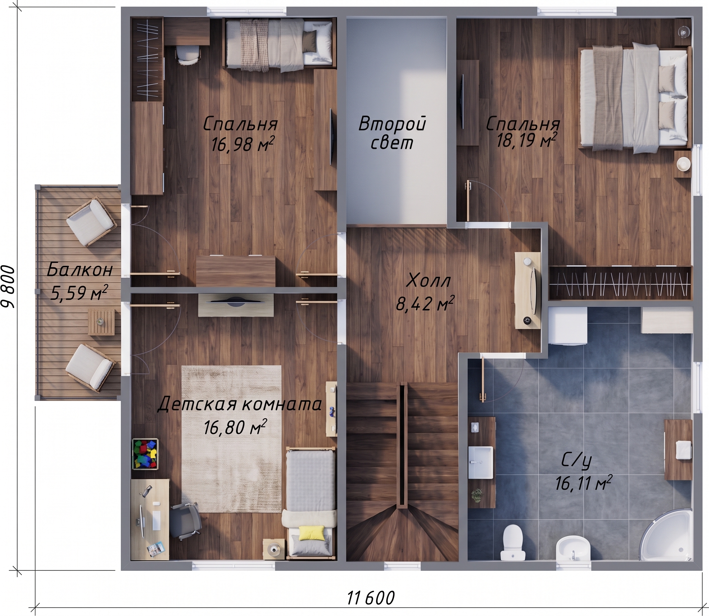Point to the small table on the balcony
[101, 322]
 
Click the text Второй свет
[392, 133]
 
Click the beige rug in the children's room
[231, 439]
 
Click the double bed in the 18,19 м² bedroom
[636, 99]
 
